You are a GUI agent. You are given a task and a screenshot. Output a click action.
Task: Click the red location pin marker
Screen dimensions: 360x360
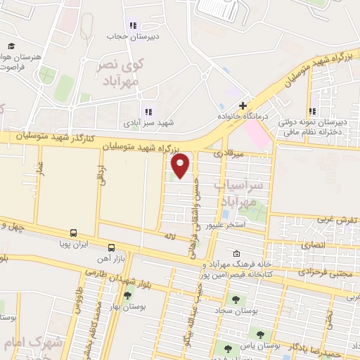coord(181,165)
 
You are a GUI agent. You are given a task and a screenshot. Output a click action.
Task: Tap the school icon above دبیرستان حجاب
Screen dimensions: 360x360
coord(133,26)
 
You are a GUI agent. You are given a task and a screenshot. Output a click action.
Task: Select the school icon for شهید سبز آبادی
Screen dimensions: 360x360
coord(148,111)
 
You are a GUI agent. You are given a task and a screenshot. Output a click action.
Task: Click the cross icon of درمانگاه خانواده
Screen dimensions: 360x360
coord(243,105)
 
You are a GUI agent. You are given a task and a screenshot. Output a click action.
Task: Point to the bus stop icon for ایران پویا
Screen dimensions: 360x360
coord(73,233)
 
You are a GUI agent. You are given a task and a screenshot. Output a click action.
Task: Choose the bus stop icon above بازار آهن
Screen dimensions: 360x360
coord(112,247)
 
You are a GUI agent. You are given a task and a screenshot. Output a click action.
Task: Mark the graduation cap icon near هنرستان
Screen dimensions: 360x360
coord(11,46)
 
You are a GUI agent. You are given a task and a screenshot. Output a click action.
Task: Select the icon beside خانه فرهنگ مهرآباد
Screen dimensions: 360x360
coord(236,254)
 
